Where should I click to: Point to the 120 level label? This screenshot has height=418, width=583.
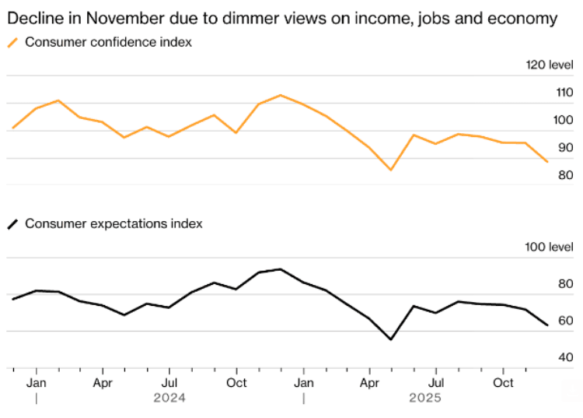[x=550, y=65]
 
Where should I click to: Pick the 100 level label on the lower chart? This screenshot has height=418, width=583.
[x=550, y=247]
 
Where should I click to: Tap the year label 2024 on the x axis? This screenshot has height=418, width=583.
[x=169, y=398]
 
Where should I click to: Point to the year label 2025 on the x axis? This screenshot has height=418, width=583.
[x=425, y=398]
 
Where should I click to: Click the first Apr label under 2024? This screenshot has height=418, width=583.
[x=103, y=383]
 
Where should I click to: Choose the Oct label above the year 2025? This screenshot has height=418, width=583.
[x=504, y=383]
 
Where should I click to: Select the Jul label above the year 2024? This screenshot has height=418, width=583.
[x=169, y=383]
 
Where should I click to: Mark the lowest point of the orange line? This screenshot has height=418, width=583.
[x=391, y=170]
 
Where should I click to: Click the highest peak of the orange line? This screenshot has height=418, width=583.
[x=280, y=95]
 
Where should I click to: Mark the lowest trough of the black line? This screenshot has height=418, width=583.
[x=391, y=339]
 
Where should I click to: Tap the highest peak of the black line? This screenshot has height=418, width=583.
[x=280, y=269]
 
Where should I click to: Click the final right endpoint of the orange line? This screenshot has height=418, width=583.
[x=548, y=162]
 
